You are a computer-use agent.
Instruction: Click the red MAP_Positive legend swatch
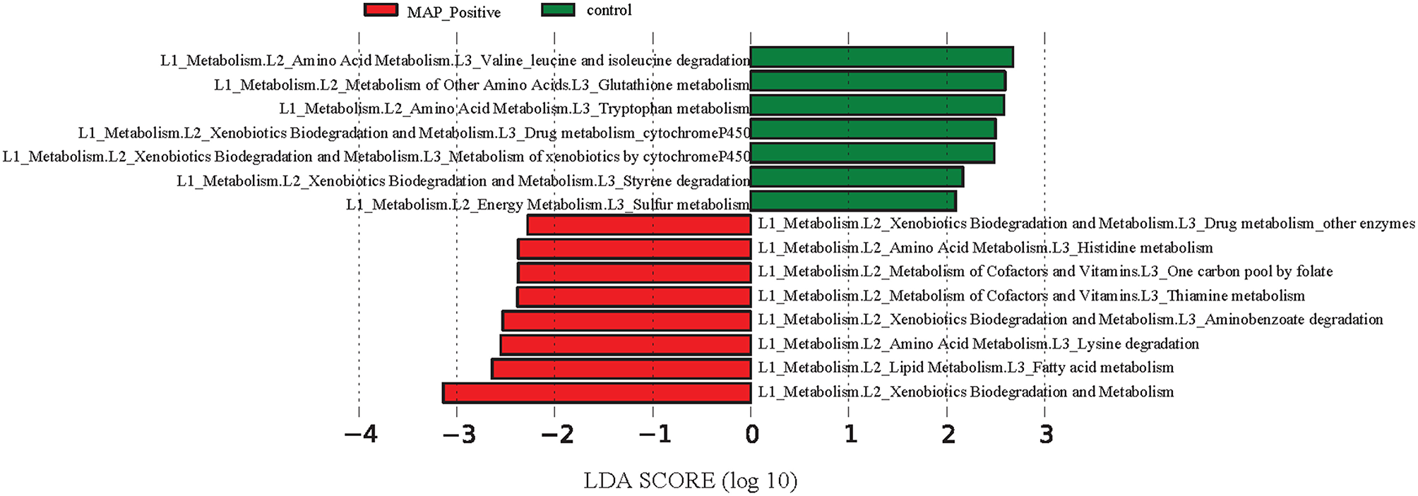tap(381, 10)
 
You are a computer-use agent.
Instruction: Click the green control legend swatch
tap(558, 10)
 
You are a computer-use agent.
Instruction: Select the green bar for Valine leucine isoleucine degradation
tap(881, 57)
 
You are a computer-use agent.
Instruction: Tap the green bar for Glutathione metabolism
tap(877, 81)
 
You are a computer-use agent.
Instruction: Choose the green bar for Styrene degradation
tap(856, 177)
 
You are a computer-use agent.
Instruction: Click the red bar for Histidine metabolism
tap(634, 248)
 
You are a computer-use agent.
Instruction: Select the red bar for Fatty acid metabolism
tap(621, 368)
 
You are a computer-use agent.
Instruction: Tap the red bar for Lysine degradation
tap(626, 344)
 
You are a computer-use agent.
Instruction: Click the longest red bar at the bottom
tap(597, 393)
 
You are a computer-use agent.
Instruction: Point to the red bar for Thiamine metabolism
tap(634, 296)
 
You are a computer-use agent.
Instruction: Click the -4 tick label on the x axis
tap(360, 434)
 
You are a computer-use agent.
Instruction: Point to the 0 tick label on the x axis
tap(751, 434)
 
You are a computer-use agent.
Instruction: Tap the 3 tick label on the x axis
tap(1046, 434)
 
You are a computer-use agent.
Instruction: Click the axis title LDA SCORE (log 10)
tap(690, 480)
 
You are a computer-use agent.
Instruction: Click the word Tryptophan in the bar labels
tap(635, 109)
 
